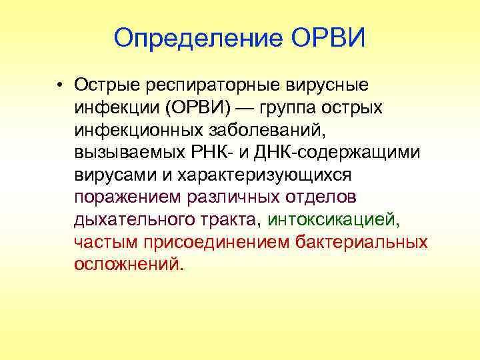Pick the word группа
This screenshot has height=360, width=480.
coord(294,108)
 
